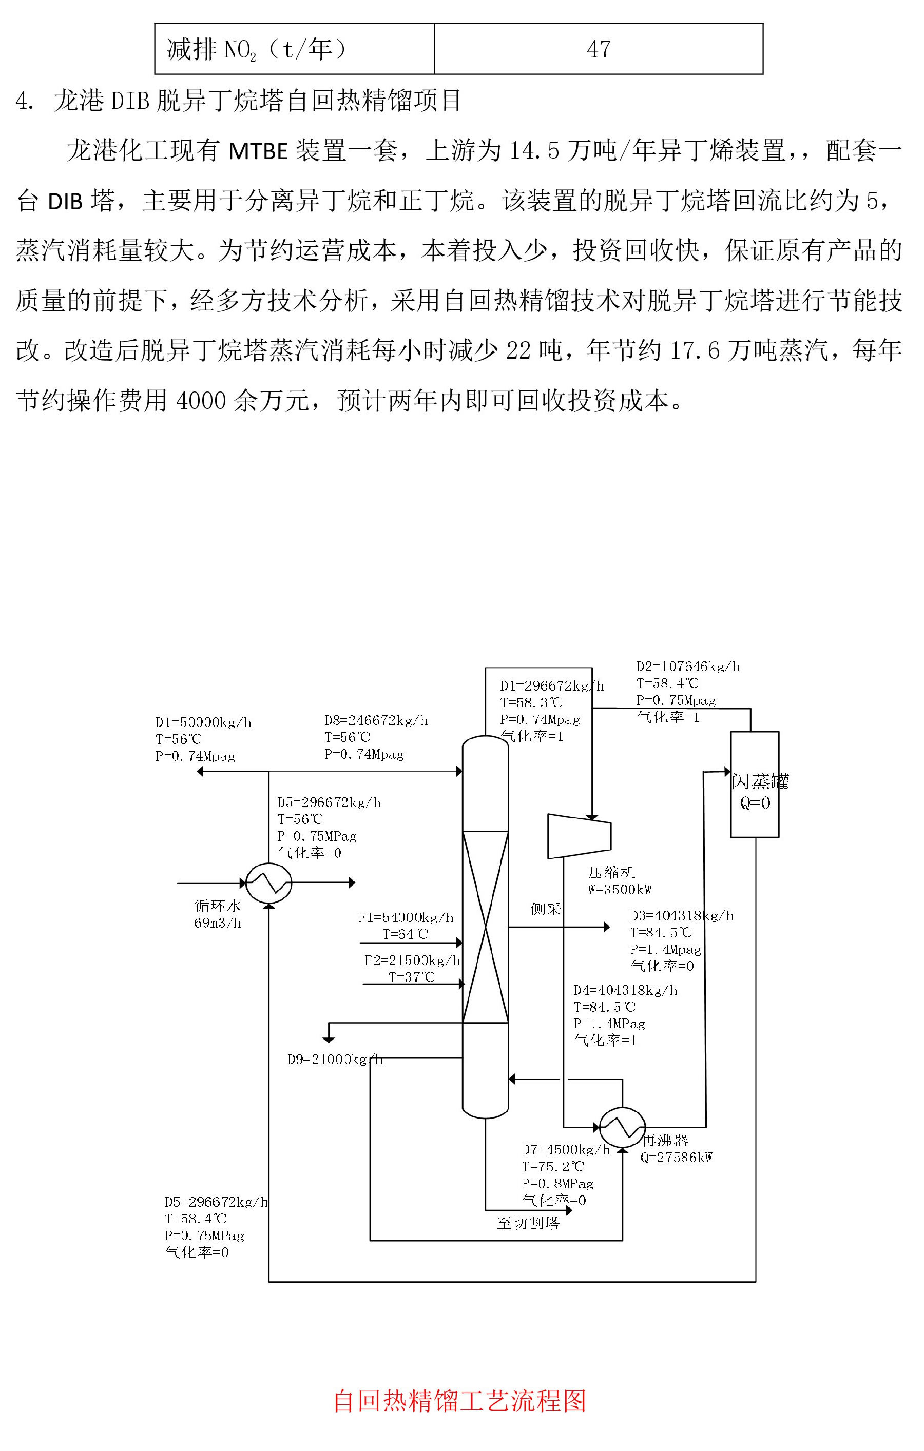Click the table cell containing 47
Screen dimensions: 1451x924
pyautogui.click(x=598, y=49)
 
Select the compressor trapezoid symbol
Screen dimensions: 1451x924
pyautogui.click(x=579, y=836)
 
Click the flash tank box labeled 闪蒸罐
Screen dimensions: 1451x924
pyautogui.click(x=755, y=784)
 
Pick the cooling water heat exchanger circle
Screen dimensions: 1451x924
pyautogui.click(x=269, y=884)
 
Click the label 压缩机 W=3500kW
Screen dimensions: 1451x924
pyautogui.click(x=619, y=880)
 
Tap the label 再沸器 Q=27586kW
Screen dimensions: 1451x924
pyautogui.click(x=676, y=1148)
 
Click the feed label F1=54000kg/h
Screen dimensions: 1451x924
pyautogui.click(x=406, y=917)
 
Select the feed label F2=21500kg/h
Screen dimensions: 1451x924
pyautogui.click(x=412, y=960)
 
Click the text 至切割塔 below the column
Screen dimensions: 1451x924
pyautogui.click(x=529, y=1234)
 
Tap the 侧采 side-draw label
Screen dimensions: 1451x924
pyautogui.click(x=546, y=909)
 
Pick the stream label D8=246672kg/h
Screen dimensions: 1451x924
pyautogui.click(x=376, y=720)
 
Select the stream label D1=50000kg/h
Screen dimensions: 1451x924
pyautogui.click(x=203, y=722)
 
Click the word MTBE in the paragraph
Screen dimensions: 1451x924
pyautogui.click(x=258, y=151)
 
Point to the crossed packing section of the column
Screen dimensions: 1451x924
pyautogui.click(x=485, y=927)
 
